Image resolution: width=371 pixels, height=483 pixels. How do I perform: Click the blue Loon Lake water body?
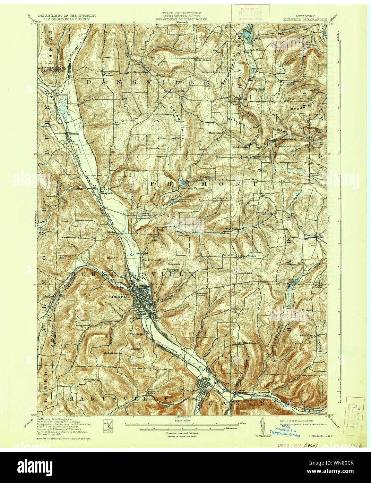tap(248, 34)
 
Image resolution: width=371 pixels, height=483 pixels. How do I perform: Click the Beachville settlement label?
tap(176, 91)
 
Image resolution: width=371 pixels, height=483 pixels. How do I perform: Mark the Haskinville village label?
tap(241, 147)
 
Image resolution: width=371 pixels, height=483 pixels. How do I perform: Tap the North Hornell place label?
tap(151, 260)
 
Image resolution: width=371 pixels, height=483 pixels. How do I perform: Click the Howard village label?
tap(310, 235)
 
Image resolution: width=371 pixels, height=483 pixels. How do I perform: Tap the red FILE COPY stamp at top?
tap(250, 13)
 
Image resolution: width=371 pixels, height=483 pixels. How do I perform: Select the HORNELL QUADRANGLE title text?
tap(311, 20)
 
